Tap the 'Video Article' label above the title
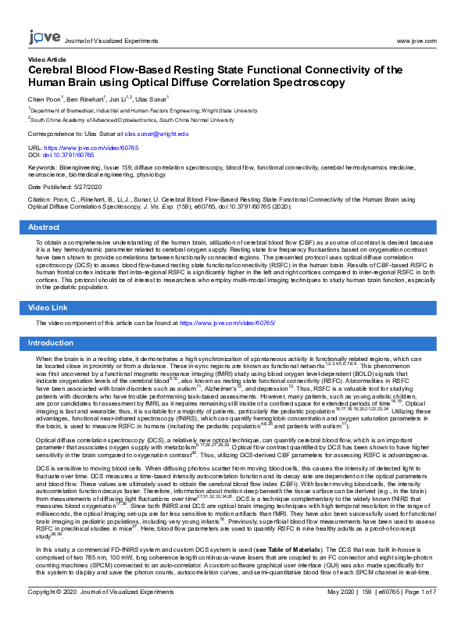[47, 59]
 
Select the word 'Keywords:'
[41, 168]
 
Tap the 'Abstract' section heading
[44, 227]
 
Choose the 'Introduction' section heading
[51, 343]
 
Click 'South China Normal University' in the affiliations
[183, 120]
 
